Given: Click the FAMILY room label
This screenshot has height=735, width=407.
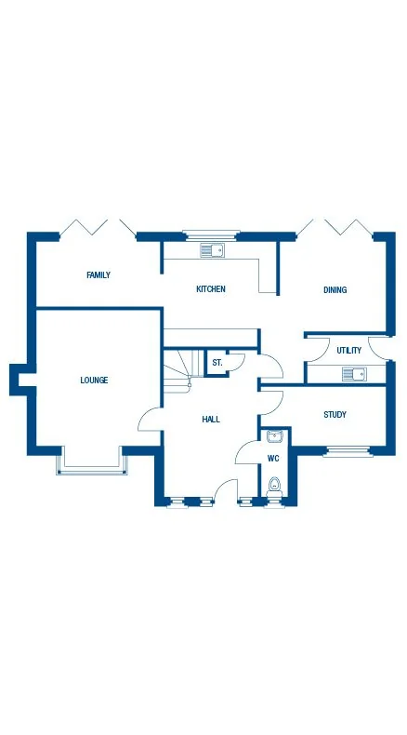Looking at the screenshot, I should pyautogui.click(x=98, y=275).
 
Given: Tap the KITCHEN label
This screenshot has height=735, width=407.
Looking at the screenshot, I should pyautogui.click(x=210, y=289).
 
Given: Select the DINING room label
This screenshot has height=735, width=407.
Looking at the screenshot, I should pyautogui.click(x=335, y=290).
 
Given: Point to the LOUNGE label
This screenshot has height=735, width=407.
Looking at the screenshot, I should pyautogui.click(x=94, y=380).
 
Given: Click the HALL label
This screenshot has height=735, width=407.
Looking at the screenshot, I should pyautogui.click(x=211, y=420).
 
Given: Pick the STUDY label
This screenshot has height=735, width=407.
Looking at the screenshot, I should pyautogui.click(x=335, y=415).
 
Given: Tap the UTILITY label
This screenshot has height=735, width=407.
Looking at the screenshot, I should pyautogui.click(x=349, y=351).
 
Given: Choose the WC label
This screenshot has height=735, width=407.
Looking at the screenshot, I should pyautogui.click(x=273, y=459).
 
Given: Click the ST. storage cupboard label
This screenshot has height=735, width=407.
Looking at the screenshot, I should pyautogui.click(x=217, y=362).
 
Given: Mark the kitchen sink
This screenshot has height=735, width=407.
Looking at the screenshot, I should pyautogui.click(x=212, y=249).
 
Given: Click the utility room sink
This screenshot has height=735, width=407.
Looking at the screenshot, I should pyautogui.click(x=354, y=374).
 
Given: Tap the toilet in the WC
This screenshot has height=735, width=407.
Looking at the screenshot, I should pyautogui.click(x=274, y=486).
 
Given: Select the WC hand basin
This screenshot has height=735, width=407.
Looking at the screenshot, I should pyautogui.click(x=274, y=436).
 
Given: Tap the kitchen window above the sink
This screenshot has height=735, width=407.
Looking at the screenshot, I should pyautogui.click(x=211, y=235).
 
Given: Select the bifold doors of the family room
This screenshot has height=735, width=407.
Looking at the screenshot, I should pyautogui.click(x=98, y=228).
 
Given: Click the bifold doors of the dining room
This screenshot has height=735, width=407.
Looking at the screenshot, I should pyautogui.click(x=335, y=228).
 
